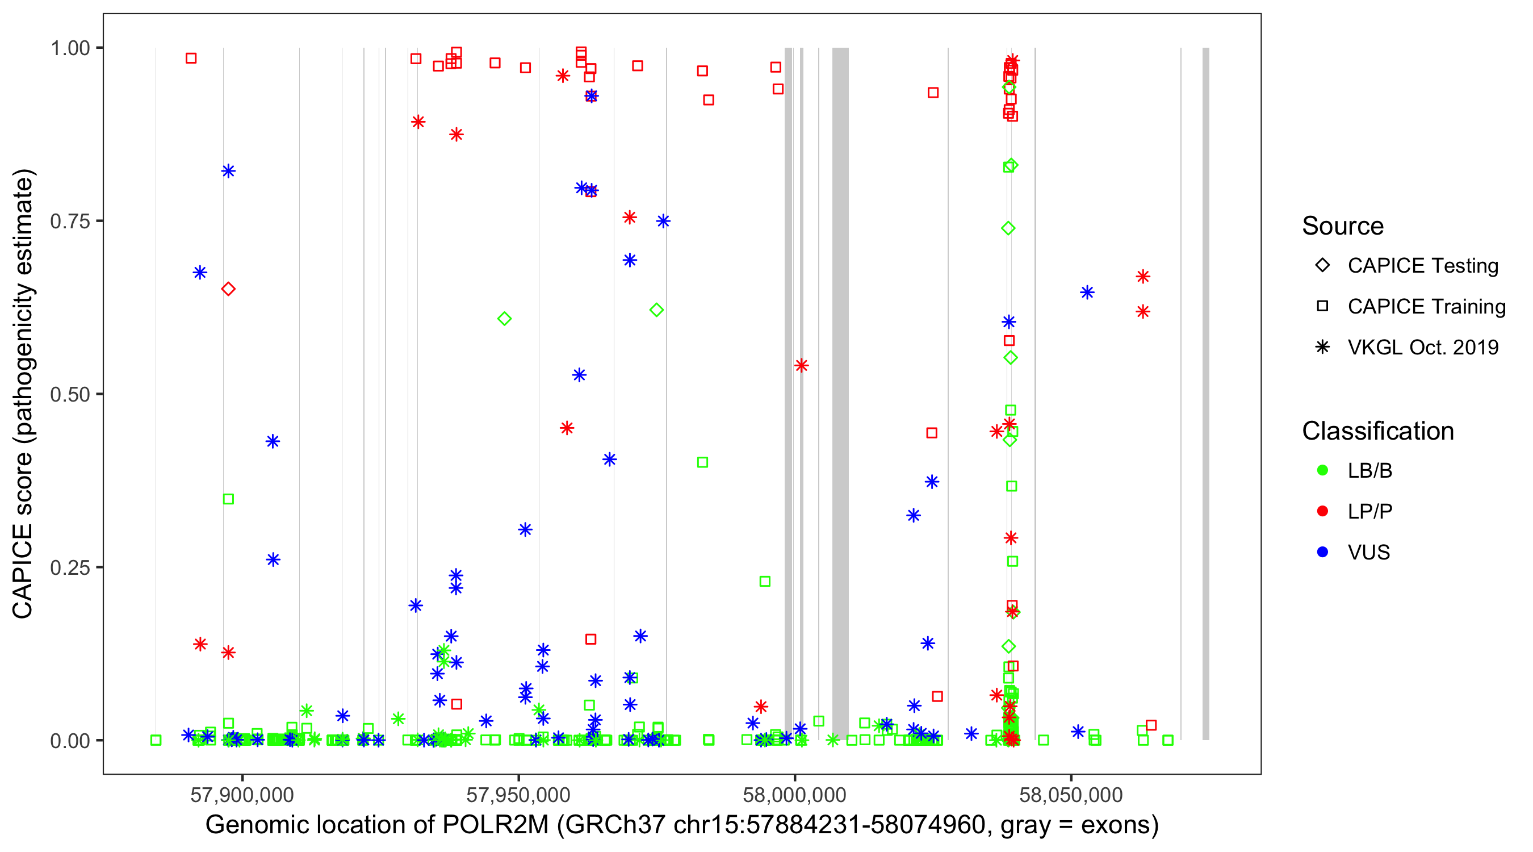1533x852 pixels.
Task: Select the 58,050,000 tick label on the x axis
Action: [x=1071, y=795]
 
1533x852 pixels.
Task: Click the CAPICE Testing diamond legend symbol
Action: [x=1322, y=266]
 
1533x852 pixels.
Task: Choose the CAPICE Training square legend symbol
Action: [x=1322, y=307]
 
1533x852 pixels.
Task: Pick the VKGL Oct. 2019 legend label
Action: [x=1422, y=348]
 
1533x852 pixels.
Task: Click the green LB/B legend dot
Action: [x=1322, y=471]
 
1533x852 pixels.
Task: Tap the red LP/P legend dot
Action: [x=1322, y=511]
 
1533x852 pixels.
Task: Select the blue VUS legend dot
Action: [x=1322, y=553]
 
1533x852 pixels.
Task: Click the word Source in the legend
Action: [x=1342, y=226]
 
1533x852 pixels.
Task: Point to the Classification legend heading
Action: [x=1377, y=431]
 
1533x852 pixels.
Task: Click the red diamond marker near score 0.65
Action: [x=228, y=289]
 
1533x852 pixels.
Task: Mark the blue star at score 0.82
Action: [x=228, y=172]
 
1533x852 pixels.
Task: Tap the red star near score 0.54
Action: [x=801, y=366]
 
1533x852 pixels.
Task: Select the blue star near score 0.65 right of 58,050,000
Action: [x=1087, y=293]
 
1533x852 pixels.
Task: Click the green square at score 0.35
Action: [x=228, y=499]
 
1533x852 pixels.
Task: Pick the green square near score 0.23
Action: [x=765, y=582]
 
